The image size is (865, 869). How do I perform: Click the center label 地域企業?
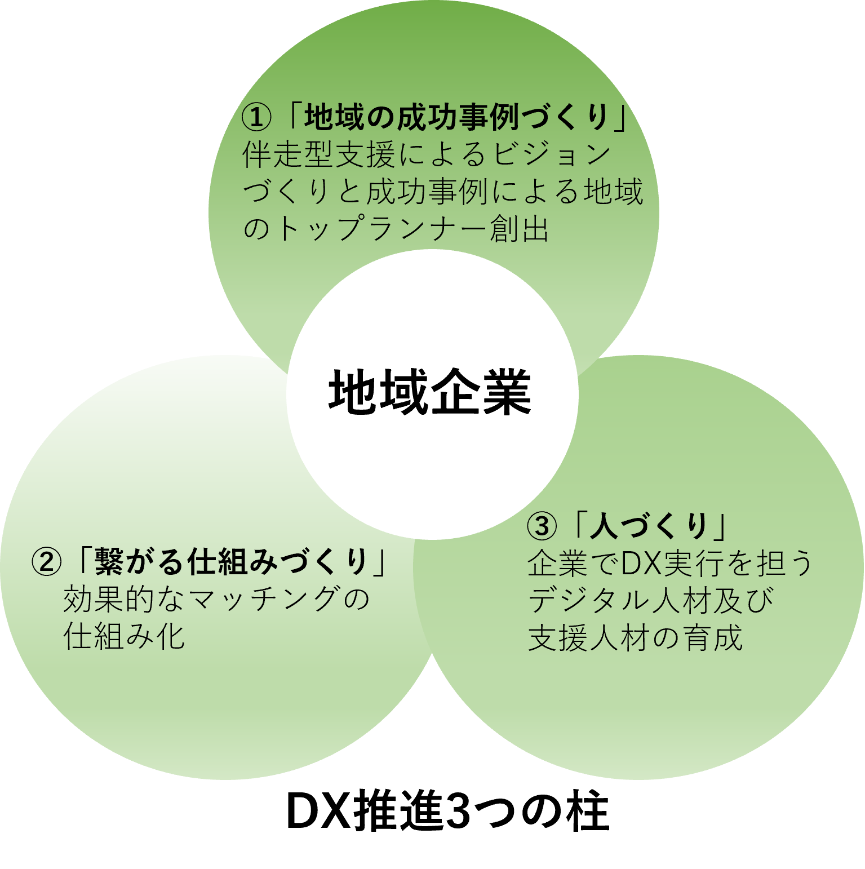430,392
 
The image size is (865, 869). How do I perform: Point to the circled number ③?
542,526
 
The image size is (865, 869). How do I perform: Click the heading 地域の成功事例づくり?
457,117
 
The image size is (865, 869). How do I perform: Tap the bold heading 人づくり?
648,526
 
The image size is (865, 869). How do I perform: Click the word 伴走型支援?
318,154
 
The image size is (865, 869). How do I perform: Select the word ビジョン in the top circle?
552,154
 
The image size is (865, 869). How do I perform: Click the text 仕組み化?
124,637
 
